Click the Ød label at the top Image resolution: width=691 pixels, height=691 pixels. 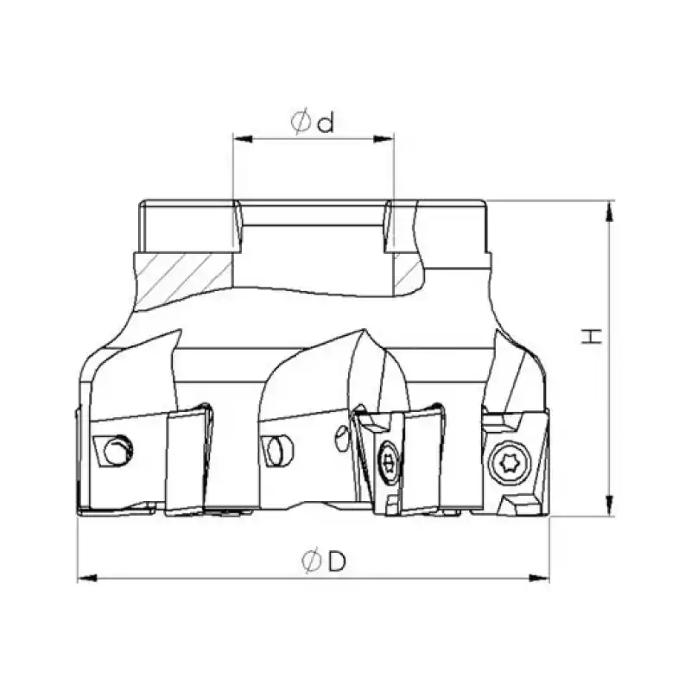coord(313,124)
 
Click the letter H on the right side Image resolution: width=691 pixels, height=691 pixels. coord(592,336)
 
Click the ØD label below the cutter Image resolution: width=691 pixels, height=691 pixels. coord(324,561)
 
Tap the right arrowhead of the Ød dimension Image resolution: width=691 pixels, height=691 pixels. coord(389,137)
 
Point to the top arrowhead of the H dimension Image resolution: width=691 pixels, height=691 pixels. coord(610,206)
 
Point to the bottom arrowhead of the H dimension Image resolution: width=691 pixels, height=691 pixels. coord(610,511)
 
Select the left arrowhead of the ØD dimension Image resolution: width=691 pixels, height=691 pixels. coord(84,578)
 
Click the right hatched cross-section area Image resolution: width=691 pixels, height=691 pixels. coord(406,273)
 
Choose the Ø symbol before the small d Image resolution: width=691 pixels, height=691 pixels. coord(301,124)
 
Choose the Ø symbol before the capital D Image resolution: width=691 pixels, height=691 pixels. coord(312,561)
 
